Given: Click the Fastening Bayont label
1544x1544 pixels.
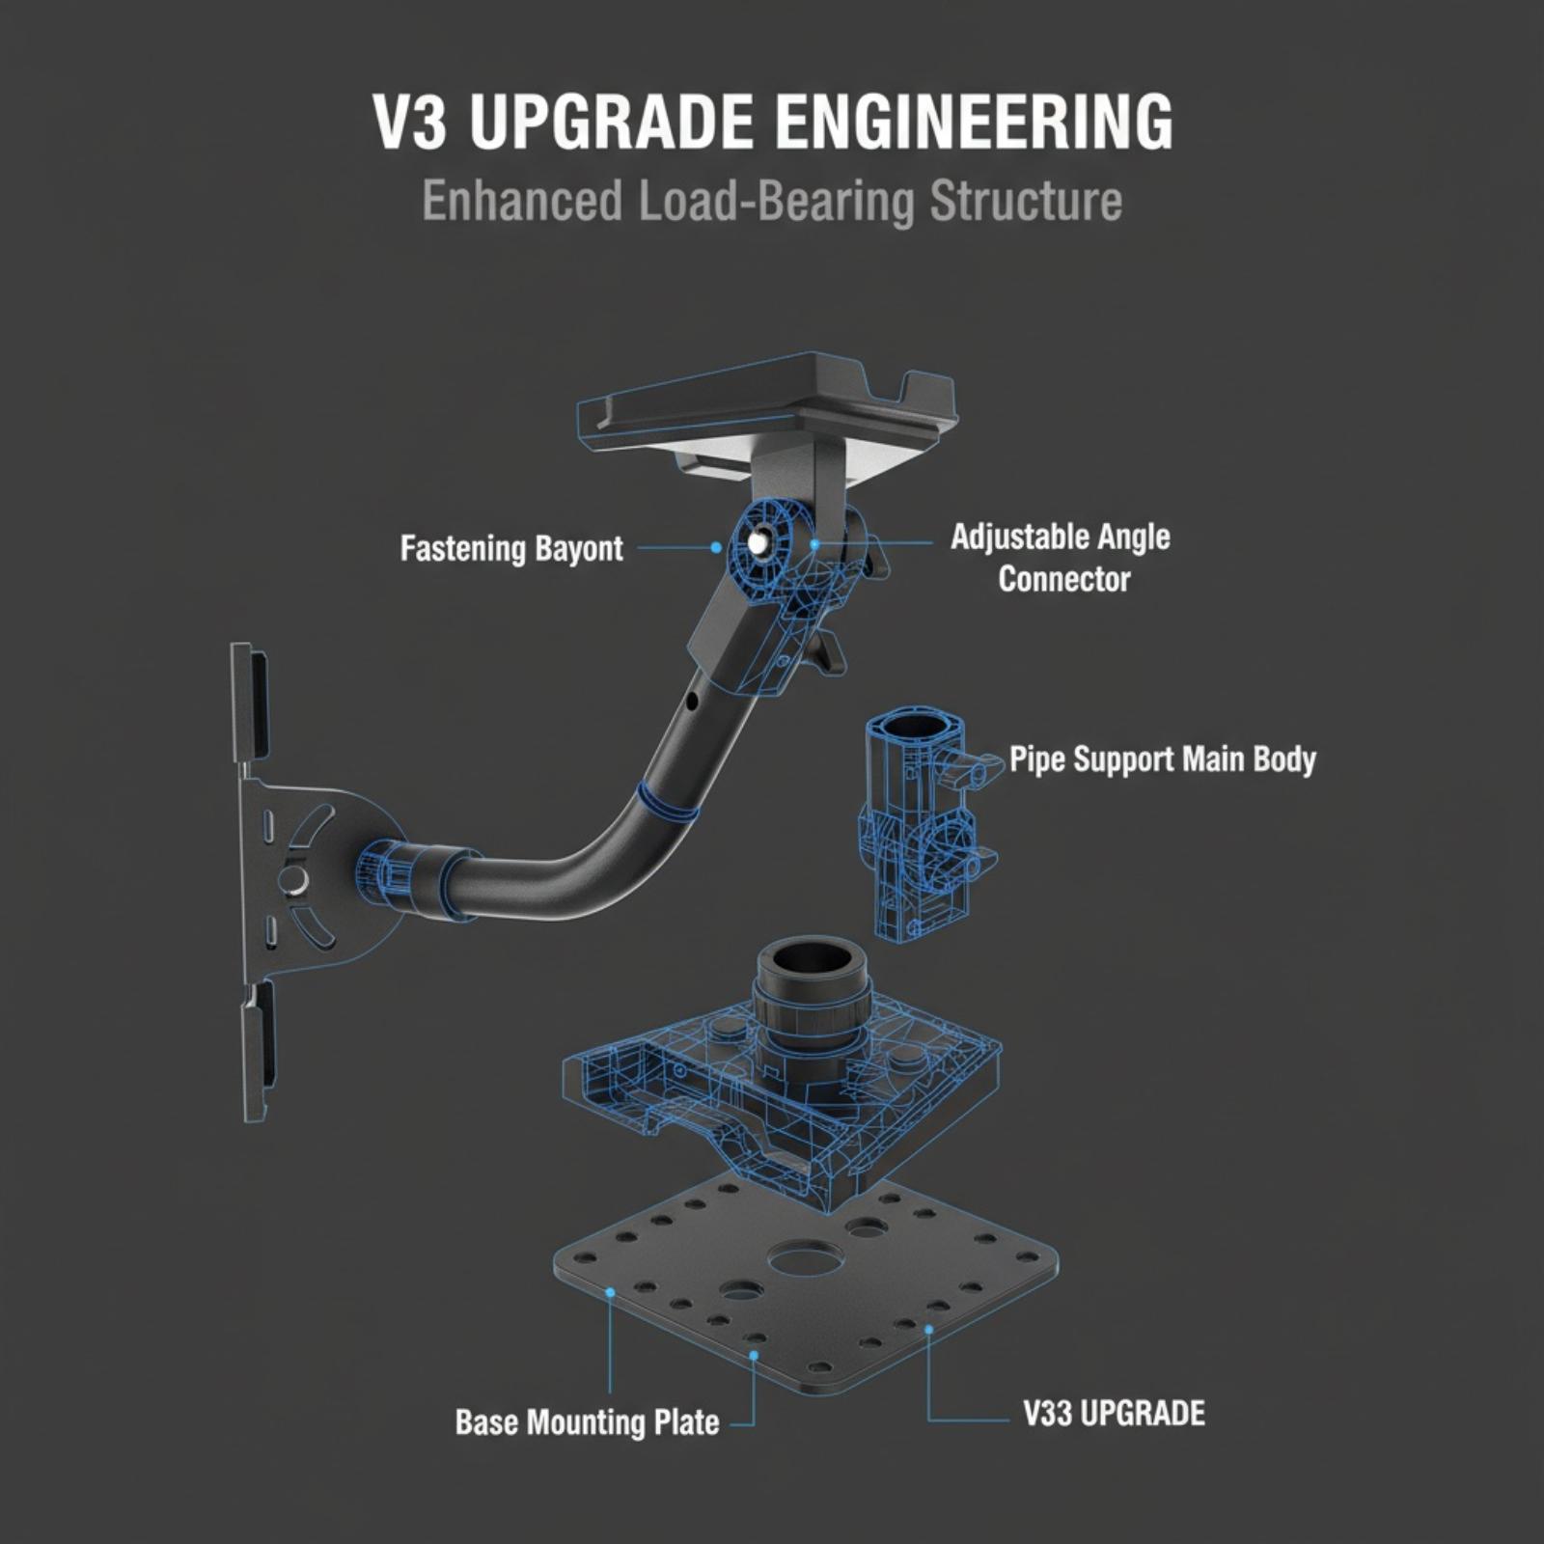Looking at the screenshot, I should click(511, 549).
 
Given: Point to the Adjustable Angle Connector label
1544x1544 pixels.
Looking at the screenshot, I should click(1061, 558).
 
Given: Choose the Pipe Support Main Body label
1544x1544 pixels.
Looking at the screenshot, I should click(1163, 759).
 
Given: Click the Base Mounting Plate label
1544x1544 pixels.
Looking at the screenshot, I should click(587, 1422).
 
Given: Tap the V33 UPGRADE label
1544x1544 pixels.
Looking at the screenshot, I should click(1114, 1414).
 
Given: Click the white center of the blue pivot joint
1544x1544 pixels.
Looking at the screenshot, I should click(762, 543).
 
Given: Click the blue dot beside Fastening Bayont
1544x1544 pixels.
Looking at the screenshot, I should click(715, 547).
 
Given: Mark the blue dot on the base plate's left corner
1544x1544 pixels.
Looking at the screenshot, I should click(610, 1291).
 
